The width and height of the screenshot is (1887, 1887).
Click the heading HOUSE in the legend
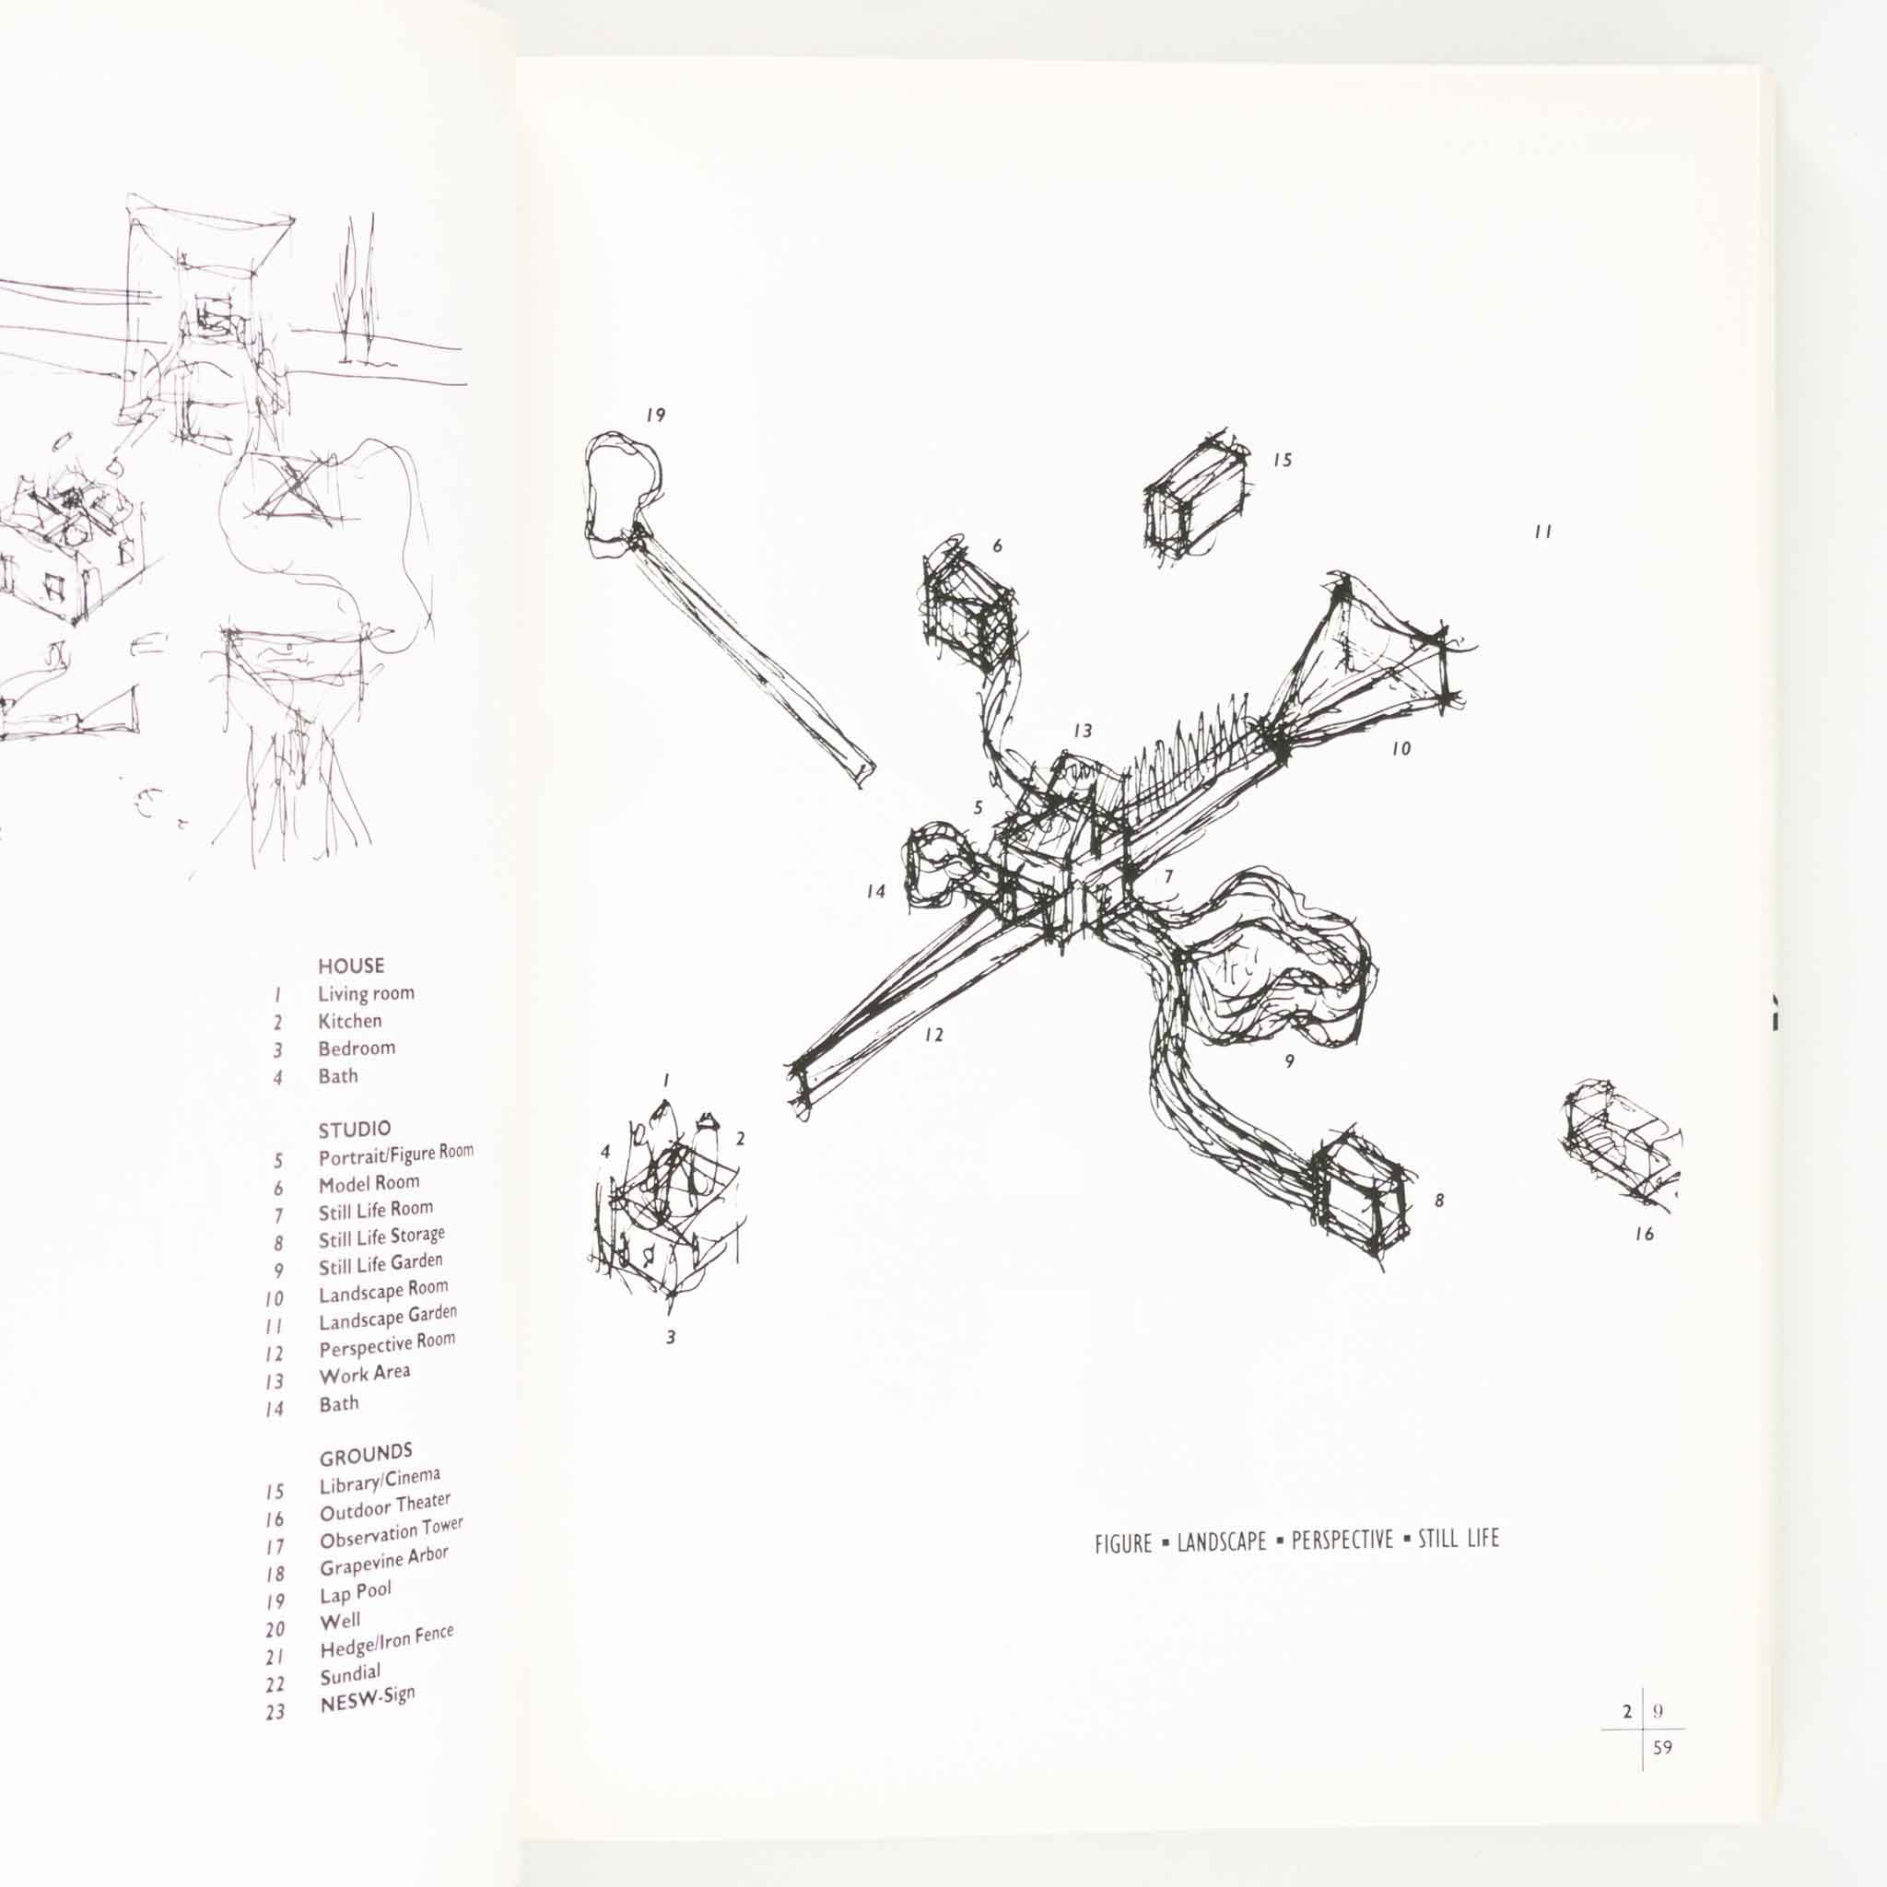[351, 966]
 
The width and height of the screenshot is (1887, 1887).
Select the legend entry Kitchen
[349, 1021]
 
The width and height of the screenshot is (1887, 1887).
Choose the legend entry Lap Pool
[356, 1595]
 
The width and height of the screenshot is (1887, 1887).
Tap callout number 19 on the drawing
[655, 416]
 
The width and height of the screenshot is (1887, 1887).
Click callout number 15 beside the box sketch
[1283, 459]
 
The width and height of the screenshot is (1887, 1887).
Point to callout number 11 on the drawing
[1542, 533]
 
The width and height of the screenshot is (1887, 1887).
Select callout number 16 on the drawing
[1645, 1234]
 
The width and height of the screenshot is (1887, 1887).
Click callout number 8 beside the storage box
[1438, 1201]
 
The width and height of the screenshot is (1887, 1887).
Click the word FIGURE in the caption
[1123, 1545]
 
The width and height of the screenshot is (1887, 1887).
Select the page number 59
[1662, 1746]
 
